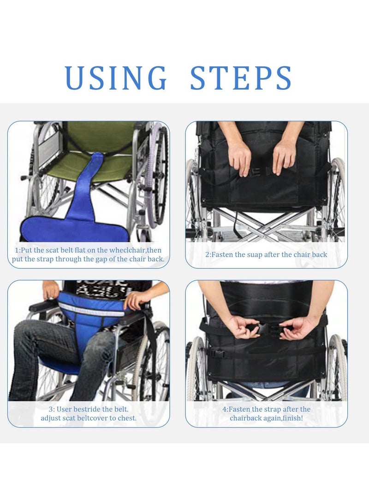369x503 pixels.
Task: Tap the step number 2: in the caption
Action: (x=208, y=254)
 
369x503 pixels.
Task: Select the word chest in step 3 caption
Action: (x=126, y=418)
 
